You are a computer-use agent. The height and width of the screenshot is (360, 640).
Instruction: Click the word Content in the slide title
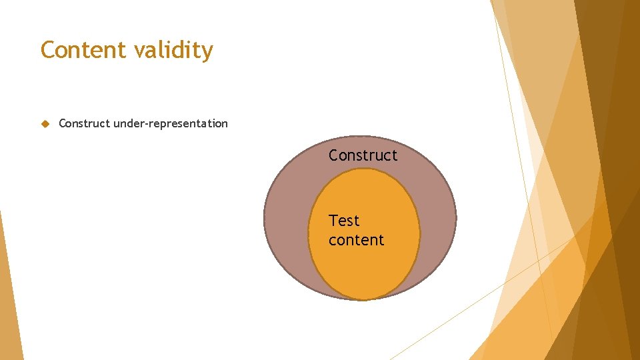pyautogui.click(x=83, y=50)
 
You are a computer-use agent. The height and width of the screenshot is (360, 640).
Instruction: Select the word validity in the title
pyautogui.click(x=173, y=51)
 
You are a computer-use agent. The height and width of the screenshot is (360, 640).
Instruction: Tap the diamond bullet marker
pyautogui.click(x=45, y=123)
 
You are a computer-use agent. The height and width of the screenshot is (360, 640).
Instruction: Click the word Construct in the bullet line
pyautogui.click(x=85, y=123)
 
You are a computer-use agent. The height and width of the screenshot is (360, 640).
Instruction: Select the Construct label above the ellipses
pyautogui.click(x=363, y=155)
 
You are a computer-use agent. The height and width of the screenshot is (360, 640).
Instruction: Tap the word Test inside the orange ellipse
pyautogui.click(x=344, y=221)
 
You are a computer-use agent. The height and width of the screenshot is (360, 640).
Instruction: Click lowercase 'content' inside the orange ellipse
pyautogui.click(x=356, y=240)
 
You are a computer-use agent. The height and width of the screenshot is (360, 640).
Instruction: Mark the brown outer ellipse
pyautogui.click(x=287, y=220)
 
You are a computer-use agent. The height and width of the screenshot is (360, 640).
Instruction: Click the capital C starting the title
pyautogui.click(x=47, y=50)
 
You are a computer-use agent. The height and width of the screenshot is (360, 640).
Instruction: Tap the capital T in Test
pyautogui.click(x=333, y=221)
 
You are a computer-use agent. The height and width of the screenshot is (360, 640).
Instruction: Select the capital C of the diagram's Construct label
pyautogui.click(x=334, y=155)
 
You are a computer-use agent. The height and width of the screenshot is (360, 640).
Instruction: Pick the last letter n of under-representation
pyautogui.click(x=225, y=124)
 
